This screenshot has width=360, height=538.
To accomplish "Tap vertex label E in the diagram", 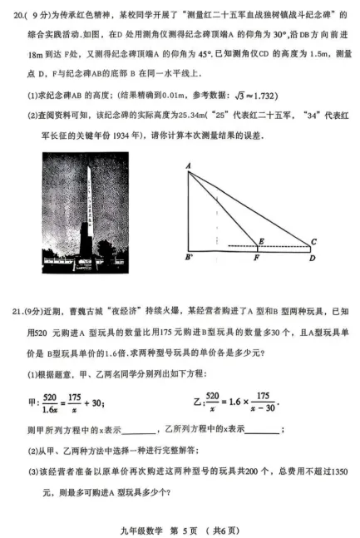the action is point(261,241).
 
